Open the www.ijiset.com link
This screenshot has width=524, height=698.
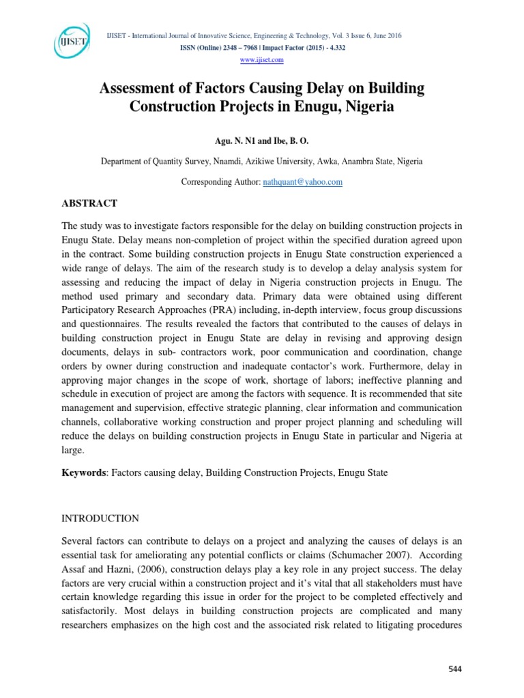point(262,60)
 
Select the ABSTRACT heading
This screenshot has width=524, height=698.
point(90,204)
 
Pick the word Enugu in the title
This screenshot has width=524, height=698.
point(331,107)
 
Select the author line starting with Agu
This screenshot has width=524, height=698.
point(262,141)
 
